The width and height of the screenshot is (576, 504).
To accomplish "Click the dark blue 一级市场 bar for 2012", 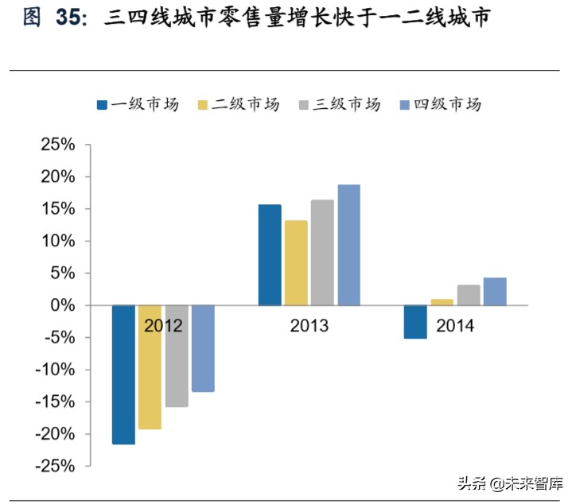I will (x=123, y=374).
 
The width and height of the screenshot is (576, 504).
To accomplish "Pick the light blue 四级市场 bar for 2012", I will (x=203, y=348).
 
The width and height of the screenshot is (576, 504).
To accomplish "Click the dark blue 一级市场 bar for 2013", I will (x=270, y=254).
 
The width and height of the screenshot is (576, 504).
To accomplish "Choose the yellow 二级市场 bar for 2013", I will (x=296, y=262).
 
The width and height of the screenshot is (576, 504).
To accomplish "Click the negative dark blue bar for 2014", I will (x=415, y=322).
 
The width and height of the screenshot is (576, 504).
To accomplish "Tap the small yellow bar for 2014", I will (x=442, y=302).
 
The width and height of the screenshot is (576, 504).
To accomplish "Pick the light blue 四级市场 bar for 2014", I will (x=495, y=291).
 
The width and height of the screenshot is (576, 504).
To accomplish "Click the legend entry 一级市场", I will (x=138, y=105).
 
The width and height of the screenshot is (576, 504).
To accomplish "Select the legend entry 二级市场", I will (x=238, y=105).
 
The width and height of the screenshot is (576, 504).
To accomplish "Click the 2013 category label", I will (x=309, y=326).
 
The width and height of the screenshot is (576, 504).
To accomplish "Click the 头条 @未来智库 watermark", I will (x=508, y=483).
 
